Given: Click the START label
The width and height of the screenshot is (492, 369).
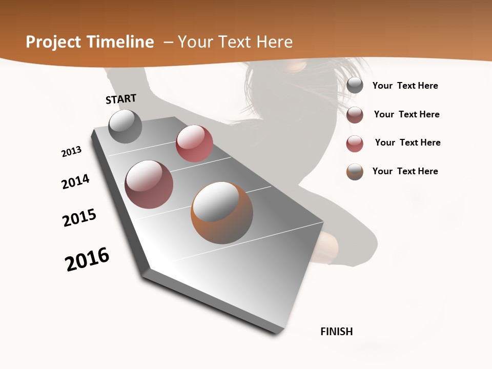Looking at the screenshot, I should [x=121, y=99].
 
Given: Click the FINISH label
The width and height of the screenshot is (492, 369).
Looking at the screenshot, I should [x=336, y=332].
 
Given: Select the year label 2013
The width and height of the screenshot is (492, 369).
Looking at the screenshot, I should [x=71, y=152].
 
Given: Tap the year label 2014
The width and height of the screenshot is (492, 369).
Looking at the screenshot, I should [x=75, y=181].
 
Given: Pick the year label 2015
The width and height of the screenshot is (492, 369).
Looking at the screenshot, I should [x=79, y=218].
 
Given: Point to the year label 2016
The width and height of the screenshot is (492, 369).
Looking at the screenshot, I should [x=87, y=259].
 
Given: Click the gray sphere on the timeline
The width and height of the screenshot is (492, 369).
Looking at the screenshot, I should [x=125, y=127].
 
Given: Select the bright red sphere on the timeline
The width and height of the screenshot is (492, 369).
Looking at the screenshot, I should [x=194, y=143].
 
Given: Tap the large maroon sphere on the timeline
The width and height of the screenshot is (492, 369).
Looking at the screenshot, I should [x=149, y=184].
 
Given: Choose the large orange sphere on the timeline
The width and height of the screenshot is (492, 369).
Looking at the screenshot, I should [x=222, y=213].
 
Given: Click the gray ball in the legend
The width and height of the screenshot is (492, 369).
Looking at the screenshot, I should [x=355, y=86].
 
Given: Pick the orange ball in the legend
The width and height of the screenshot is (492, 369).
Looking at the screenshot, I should [x=355, y=172].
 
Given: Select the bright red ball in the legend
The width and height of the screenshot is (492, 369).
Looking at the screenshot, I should [x=355, y=143].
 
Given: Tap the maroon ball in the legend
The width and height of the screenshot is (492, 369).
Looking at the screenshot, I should [x=355, y=115].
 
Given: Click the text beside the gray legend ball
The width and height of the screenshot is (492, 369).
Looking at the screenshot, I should [x=405, y=86].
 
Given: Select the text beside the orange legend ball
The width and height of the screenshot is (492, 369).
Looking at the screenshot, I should [x=405, y=171].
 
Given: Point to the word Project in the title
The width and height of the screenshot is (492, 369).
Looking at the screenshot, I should [x=53, y=43].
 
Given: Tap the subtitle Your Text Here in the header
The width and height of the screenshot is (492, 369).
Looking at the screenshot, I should [x=235, y=42].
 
